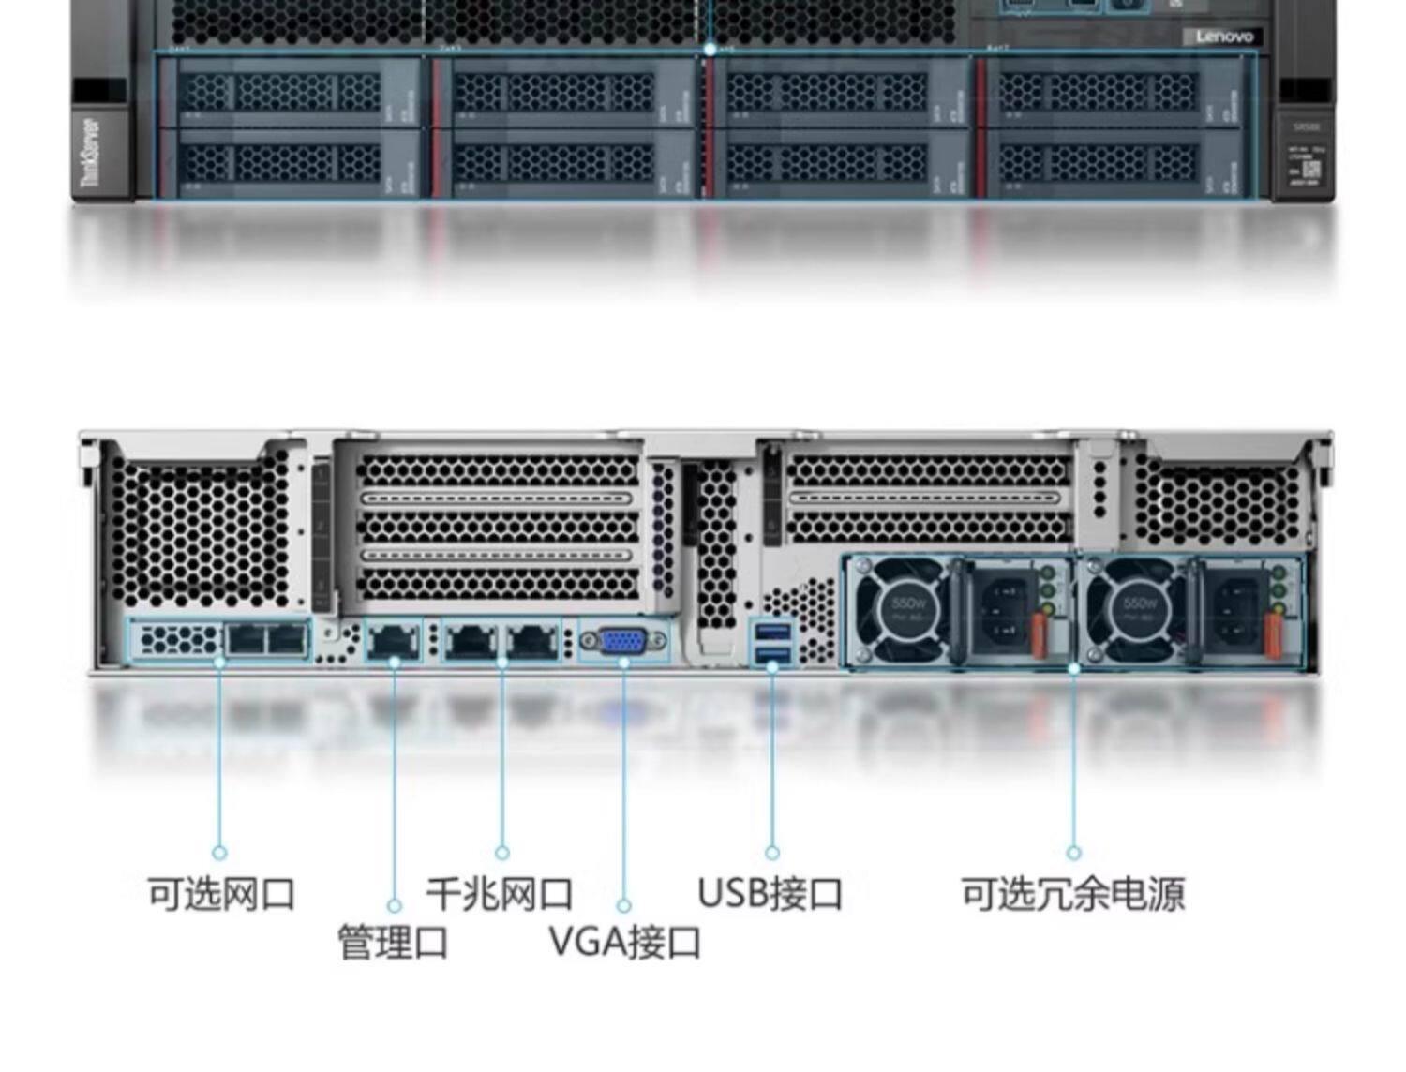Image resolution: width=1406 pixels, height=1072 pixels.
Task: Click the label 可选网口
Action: click(x=221, y=893)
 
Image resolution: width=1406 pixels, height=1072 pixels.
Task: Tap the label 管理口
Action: click(x=393, y=943)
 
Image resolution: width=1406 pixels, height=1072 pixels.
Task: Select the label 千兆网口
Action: click(x=499, y=893)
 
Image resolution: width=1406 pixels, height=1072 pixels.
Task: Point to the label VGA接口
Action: click(x=624, y=942)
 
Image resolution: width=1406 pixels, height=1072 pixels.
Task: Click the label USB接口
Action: click(x=770, y=893)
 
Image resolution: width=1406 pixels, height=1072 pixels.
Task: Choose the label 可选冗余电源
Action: click(x=1073, y=893)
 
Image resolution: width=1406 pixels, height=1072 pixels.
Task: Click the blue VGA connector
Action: click(x=623, y=642)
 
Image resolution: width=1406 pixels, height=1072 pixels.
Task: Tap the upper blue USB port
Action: click(x=771, y=629)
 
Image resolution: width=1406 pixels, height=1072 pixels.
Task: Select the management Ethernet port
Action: click(x=394, y=641)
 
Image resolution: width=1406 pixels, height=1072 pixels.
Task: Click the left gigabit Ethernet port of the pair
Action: click(x=471, y=641)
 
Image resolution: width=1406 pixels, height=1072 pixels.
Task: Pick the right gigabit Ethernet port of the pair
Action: click(x=531, y=641)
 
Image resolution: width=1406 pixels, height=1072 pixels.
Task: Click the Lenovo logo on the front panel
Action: click(x=1224, y=37)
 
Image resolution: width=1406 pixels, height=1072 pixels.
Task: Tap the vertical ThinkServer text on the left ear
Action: click(x=91, y=152)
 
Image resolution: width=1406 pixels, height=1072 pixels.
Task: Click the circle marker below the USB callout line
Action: click(x=771, y=853)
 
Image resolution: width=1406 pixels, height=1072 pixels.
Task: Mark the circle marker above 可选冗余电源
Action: click(x=1073, y=853)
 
